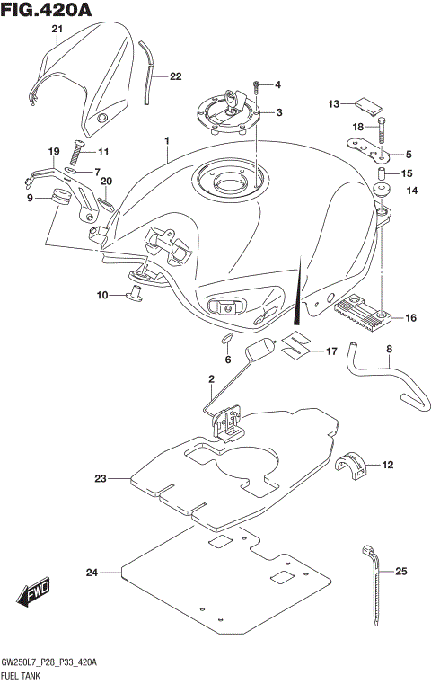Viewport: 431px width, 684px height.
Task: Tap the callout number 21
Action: [x=57, y=31]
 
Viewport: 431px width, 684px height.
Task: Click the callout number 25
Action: [x=400, y=571]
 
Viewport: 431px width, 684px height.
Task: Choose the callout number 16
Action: [x=411, y=317]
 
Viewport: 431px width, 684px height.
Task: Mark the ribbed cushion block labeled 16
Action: [x=365, y=312]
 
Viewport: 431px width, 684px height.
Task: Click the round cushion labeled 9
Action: [x=62, y=196]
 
